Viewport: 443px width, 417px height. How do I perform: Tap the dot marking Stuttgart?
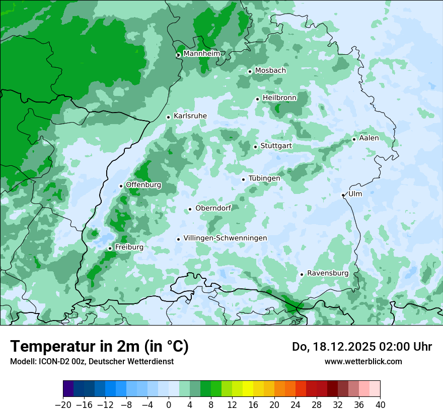[256, 147]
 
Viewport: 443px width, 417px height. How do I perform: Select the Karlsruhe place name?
[190, 116]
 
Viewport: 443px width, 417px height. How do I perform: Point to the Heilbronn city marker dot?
[258, 99]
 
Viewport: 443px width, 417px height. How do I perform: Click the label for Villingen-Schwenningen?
[225, 238]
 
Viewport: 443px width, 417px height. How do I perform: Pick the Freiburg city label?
[129, 247]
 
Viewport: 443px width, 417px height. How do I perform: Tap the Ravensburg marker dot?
[302, 274]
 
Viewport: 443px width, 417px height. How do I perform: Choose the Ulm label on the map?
[355, 194]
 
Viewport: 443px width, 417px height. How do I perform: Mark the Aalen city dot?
[354, 139]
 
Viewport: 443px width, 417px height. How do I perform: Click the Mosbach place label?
[270, 71]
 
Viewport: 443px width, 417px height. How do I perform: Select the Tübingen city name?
[264, 178]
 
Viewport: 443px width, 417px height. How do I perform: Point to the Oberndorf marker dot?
[190, 209]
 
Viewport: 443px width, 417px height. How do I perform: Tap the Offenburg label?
[143, 185]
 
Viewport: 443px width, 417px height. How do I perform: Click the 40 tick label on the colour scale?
[380, 404]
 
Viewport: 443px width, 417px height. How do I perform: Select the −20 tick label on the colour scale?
[63, 404]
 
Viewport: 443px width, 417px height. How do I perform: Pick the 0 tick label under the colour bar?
[169, 404]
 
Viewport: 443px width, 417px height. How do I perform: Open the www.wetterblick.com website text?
[363, 361]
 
